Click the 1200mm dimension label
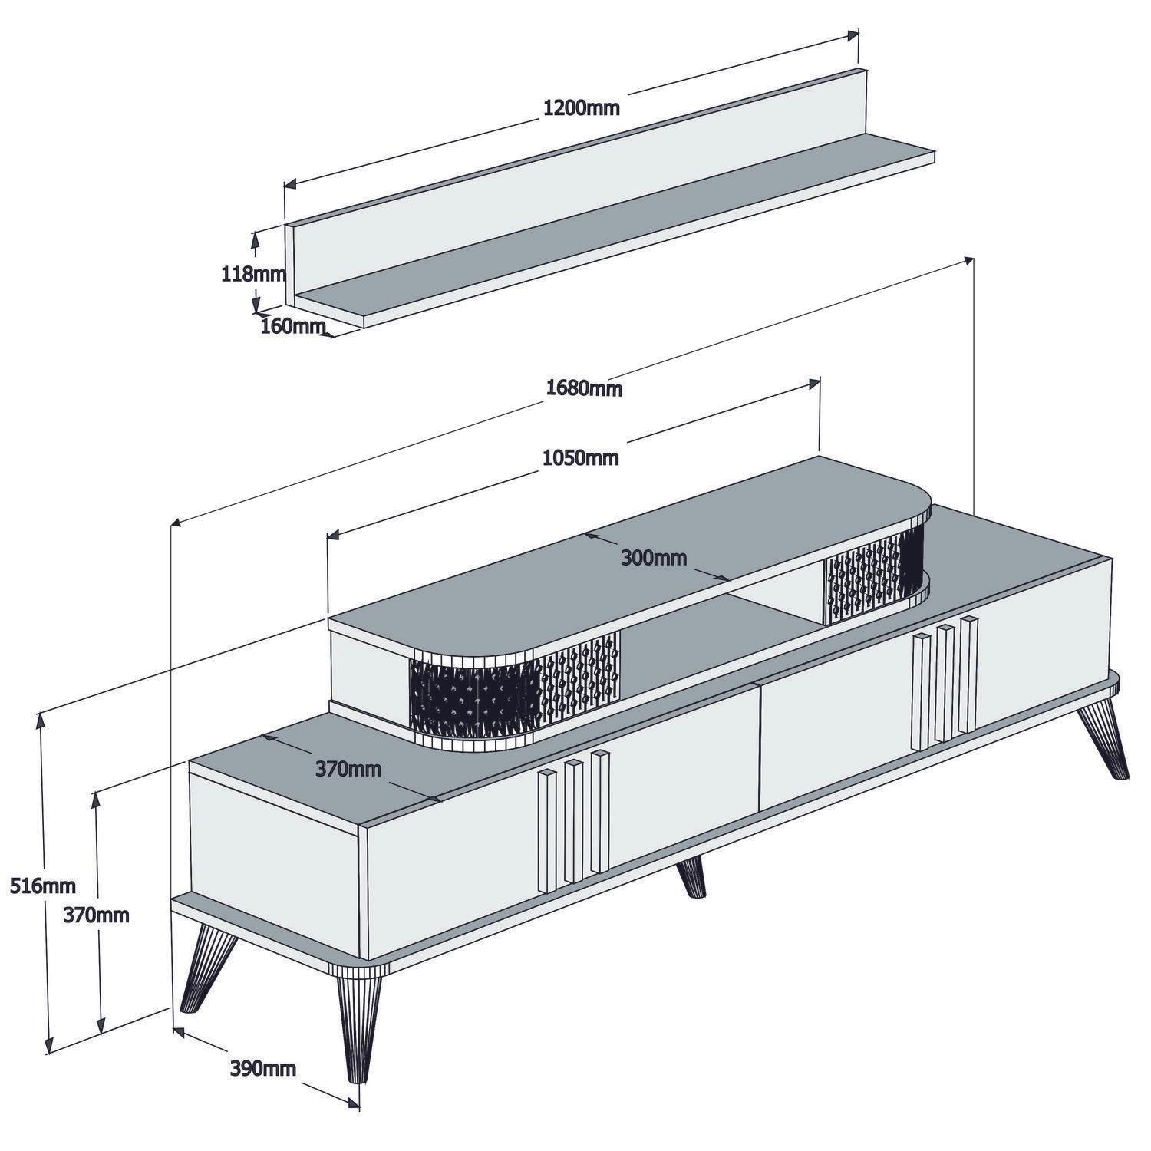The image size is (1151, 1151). click(581, 107)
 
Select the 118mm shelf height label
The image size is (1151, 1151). click(252, 273)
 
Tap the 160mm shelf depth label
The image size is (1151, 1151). click(289, 325)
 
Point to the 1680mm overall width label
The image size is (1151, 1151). click(584, 388)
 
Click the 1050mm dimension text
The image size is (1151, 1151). click(580, 458)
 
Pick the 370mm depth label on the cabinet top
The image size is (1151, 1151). click(348, 768)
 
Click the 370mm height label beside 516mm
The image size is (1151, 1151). click(96, 915)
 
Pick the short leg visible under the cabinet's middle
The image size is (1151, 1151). click(692, 877)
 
